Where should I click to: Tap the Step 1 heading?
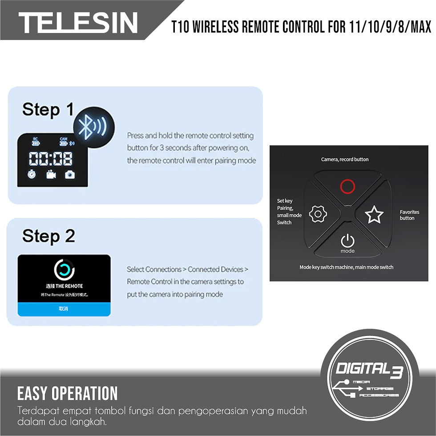point(48,109)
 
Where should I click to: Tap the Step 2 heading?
point(48,236)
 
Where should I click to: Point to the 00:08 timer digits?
point(51,158)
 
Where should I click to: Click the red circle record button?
point(347,186)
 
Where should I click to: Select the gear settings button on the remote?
point(318,214)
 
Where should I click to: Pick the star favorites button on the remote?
point(374,214)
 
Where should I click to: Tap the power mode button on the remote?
point(347,242)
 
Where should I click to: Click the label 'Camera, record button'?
point(345,159)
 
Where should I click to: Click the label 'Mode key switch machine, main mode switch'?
point(346,267)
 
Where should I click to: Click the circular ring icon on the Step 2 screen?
point(64,270)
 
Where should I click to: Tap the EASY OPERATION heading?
point(68,393)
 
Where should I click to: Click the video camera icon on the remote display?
point(51,175)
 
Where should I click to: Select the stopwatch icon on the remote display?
point(32,175)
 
